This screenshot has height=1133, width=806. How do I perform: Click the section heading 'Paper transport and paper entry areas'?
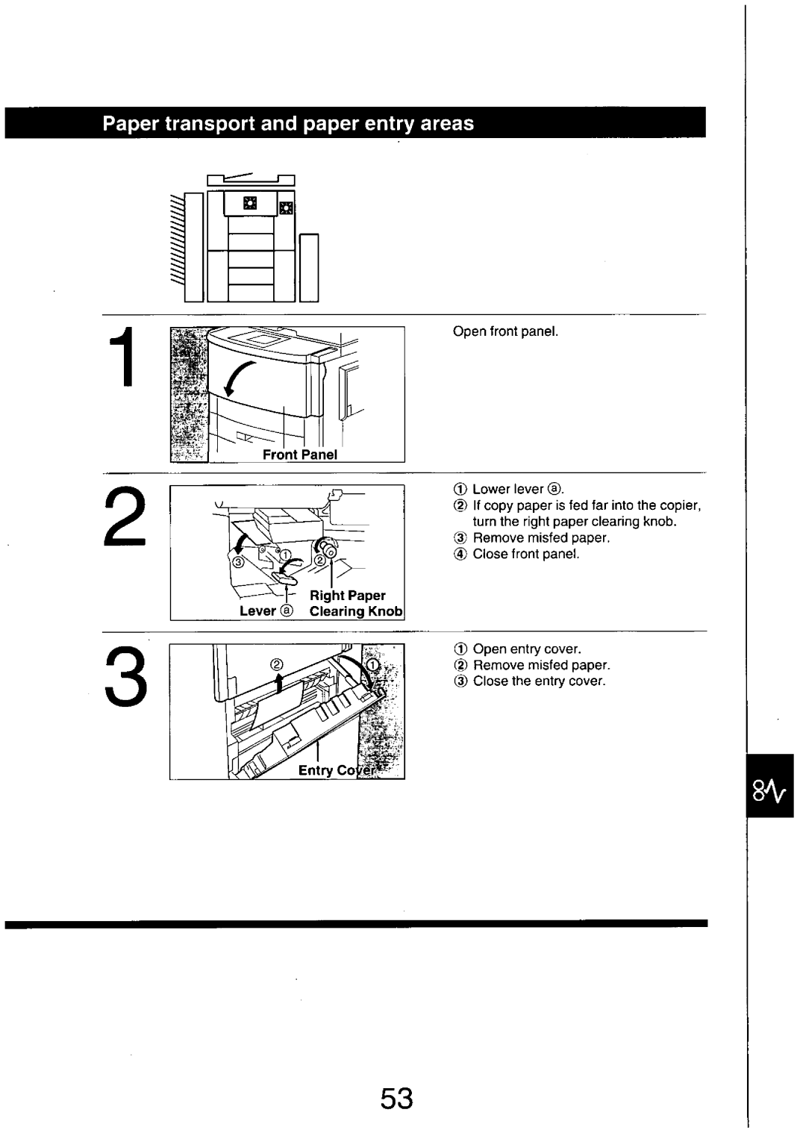tap(288, 123)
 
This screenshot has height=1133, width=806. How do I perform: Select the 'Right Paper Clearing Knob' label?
tap(348, 603)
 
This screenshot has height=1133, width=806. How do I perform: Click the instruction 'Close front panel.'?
tap(525, 554)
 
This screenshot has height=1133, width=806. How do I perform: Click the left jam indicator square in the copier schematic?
tap(249, 203)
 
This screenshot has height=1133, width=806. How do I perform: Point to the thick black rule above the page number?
tap(355, 924)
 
